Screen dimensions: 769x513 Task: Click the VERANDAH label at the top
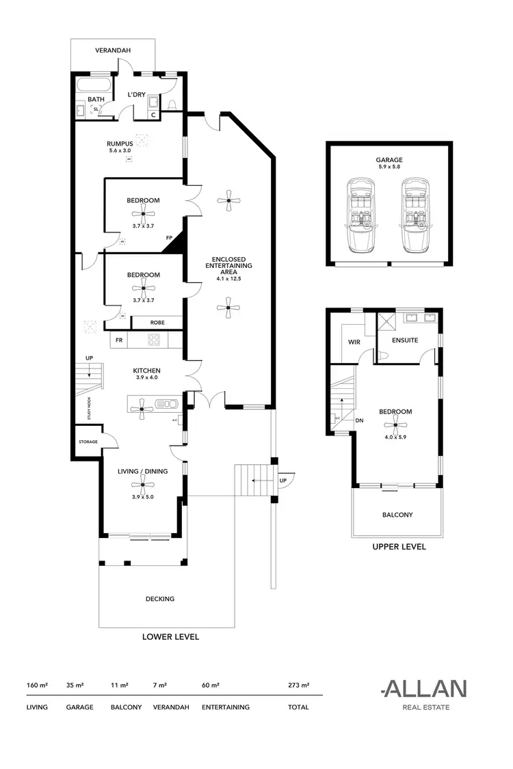[113, 51]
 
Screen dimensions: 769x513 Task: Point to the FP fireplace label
[169, 238]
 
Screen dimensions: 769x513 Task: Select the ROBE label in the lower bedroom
[157, 321]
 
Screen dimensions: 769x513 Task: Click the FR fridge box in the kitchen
[119, 340]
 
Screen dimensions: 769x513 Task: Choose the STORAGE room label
[88, 442]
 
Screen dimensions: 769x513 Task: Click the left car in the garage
[360, 215]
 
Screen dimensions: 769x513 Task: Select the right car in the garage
[415, 215]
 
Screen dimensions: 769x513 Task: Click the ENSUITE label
[405, 340]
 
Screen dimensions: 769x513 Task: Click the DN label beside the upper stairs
[359, 421]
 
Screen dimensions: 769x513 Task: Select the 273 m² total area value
[299, 684]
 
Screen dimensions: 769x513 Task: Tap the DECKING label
[160, 599]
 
